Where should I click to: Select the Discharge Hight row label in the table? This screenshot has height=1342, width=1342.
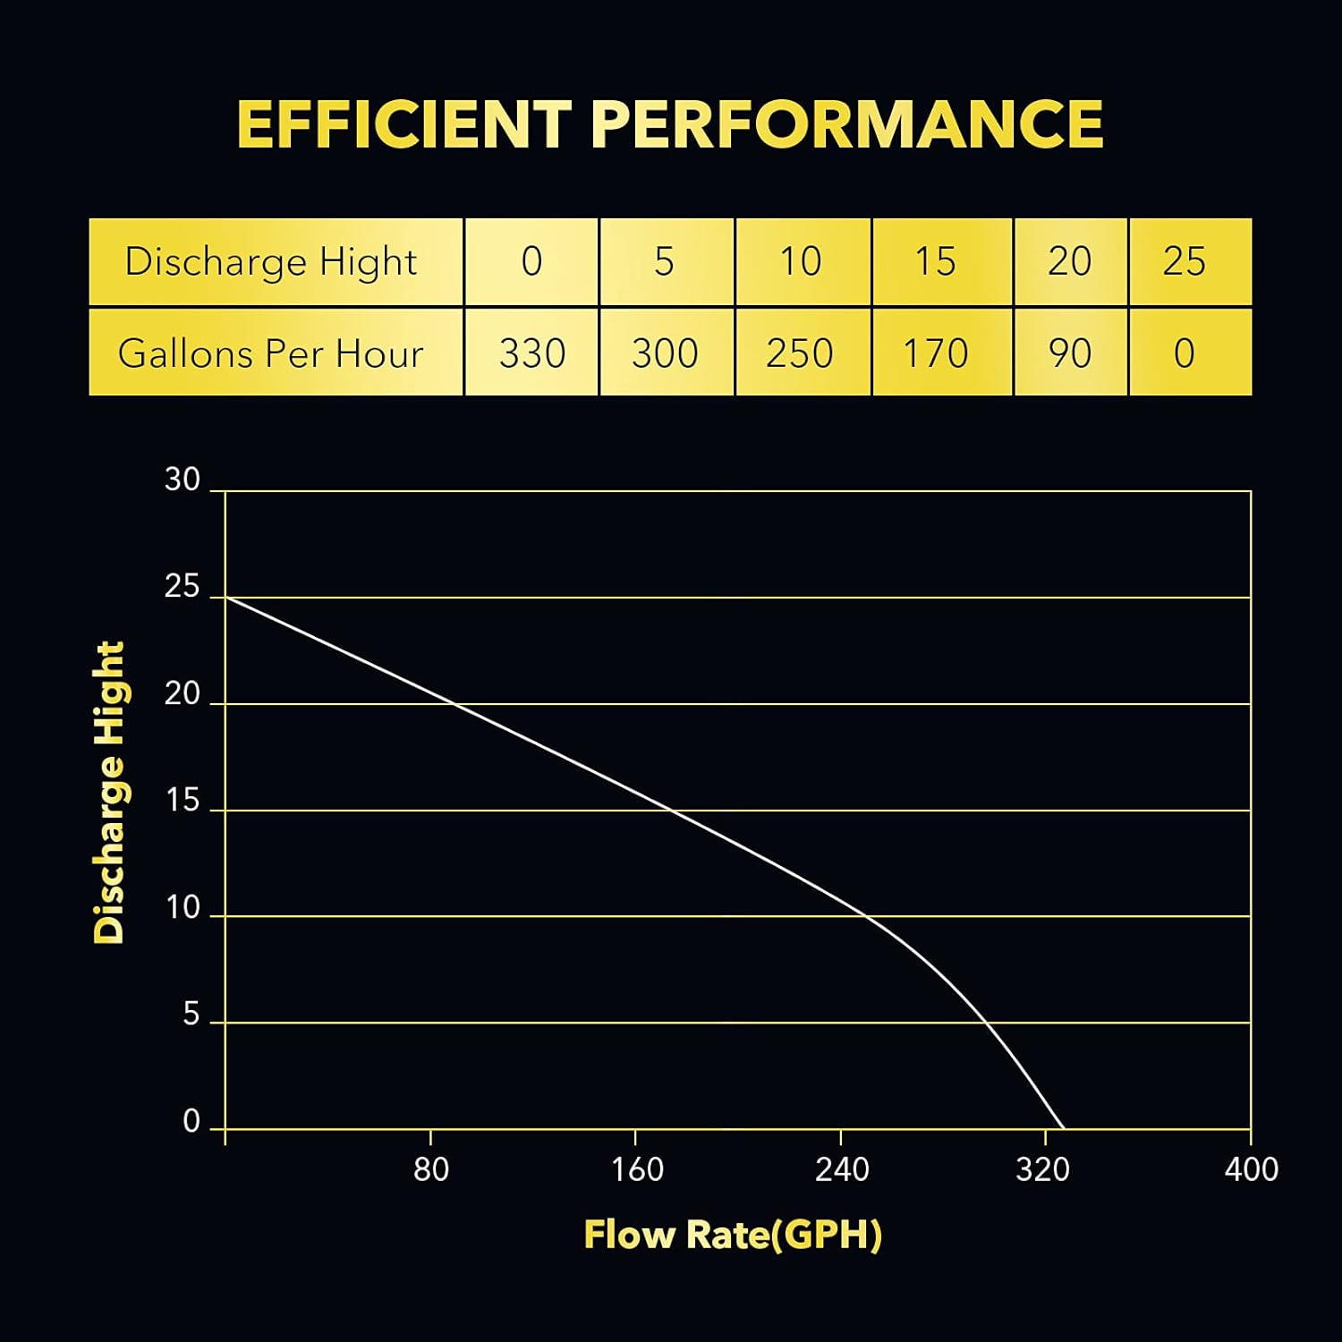pyautogui.click(x=271, y=261)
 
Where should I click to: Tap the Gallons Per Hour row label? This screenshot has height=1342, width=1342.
pyautogui.click(x=271, y=353)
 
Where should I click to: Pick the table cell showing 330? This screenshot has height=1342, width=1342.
pyautogui.click(x=531, y=353)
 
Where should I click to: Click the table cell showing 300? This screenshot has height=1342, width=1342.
pyautogui.click(x=665, y=353)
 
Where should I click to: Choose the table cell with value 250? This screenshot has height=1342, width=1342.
pyautogui.click(x=800, y=353)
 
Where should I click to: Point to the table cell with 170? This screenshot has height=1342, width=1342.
pyautogui.click(x=935, y=353)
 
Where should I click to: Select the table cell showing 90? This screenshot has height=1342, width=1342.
pyautogui.click(x=1070, y=353)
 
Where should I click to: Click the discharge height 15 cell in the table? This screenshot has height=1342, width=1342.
pyautogui.click(x=935, y=261)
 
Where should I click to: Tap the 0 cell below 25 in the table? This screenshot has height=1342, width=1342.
pyautogui.click(x=1185, y=353)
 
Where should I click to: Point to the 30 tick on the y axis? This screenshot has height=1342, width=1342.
pyautogui.click(x=183, y=480)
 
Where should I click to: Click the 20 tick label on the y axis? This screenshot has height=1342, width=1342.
pyautogui.click(x=183, y=694)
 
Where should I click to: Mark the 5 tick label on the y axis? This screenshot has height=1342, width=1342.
pyautogui.click(x=191, y=1015)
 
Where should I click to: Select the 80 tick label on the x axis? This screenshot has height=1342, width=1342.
pyautogui.click(x=431, y=1169)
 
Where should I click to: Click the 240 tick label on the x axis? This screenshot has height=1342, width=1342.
pyautogui.click(x=842, y=1169)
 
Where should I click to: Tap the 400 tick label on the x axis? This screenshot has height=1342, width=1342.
pyautogui.click(x=1251, y=1169)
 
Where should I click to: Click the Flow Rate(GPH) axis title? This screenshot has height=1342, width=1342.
pyautogui.click(x=733, y=1235)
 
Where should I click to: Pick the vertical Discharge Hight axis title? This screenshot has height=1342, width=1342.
pyautogui.click(x=110, y=793)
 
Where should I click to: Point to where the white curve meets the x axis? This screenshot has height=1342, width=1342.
pyautogui.click(x=1064, y=1129)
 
